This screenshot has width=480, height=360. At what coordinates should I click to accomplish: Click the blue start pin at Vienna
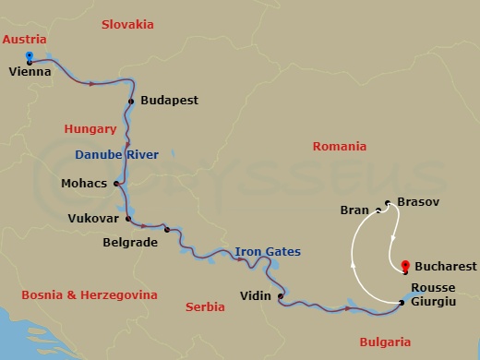pyautogui.click(x=30, y=55)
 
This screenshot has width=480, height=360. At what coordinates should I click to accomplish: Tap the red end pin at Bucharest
pyautogui.click(x=406, y=265)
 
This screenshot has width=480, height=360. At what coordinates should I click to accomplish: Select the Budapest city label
pyautogui.click(x=169, y=100)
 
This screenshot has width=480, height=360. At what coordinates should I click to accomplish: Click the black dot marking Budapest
pyautogui.click(x=132, y=101)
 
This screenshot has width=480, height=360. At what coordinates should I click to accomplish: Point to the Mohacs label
pyautogui.click(x=84, y=183)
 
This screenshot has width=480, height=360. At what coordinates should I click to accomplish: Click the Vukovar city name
pyautogui.click(x=93, y=219)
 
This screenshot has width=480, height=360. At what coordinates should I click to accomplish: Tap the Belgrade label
pyautogui.click(x=130, y=243)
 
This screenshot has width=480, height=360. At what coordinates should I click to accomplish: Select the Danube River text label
pyautogui.click(x=117, y=154)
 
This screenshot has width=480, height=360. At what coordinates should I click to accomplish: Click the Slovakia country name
pyautogui.click(x=128, y=23)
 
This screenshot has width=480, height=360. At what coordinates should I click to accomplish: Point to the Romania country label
pyautogui.click(x=339, y=146)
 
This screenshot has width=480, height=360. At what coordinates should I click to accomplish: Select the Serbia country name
pyautogui.click(x=205, y=306)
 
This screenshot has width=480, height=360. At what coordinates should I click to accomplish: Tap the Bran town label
pyautogui.click(x=354, y=210)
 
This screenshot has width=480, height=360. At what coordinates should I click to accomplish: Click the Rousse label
pyautogui.click(x=433, y=287)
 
